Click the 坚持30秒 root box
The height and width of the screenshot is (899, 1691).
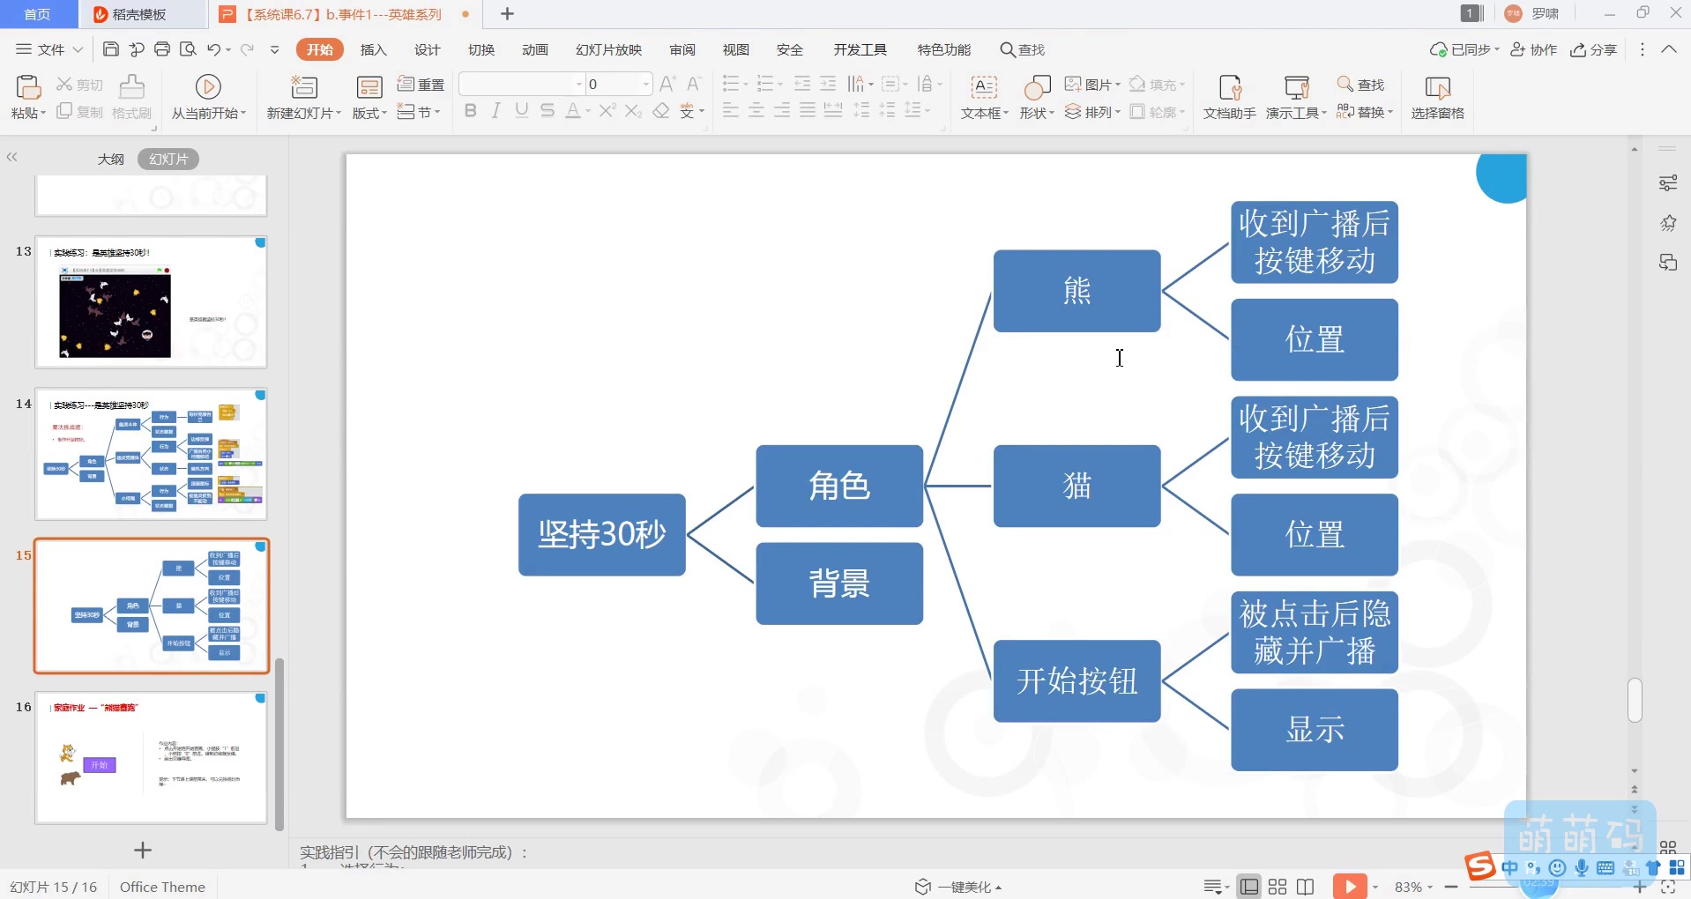[x=601, y=534]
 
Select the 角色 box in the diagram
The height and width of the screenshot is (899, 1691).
[x=838, y=486]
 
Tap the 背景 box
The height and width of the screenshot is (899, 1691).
[x=838, y=583]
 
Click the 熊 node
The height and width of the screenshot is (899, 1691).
[x=1076, y=291]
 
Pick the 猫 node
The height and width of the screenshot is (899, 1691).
[x=1076, y=486]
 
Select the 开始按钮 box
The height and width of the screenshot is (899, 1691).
[x=1076, y=680]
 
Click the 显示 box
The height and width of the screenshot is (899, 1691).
[x=1314, y=730]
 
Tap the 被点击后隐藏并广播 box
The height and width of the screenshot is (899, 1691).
[x=1314, y=632]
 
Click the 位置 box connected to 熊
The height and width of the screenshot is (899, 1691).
[x=1314, y=339]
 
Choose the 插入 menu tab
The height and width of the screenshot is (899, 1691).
[x=373, y=50]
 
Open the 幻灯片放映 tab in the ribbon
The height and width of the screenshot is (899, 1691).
[x=608, y=50]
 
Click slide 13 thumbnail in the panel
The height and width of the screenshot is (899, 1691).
[x=151, y=301]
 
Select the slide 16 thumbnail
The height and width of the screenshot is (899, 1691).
[x=151, y=758]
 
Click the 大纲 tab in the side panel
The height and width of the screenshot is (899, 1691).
[x=110, y=160]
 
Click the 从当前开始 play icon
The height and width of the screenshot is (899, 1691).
[x=208, y=86]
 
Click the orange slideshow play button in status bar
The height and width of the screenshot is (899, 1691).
[x=1349, y=886]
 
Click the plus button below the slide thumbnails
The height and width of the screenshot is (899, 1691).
[x=143, y=850]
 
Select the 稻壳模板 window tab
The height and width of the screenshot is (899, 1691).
[x=138, y=14]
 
